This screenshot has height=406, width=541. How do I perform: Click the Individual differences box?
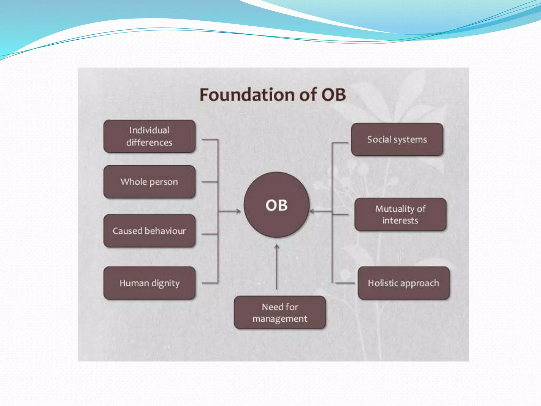click(x=150, y=136)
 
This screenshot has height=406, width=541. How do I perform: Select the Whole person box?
click(x=150, y=182)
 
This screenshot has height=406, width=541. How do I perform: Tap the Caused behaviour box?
click(x=150, y=231)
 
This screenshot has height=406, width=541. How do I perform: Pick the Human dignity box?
click(x=150, y=283)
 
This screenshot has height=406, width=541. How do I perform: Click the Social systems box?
click(x=397, y=139)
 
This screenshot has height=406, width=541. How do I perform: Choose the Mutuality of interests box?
click(x=400, y=214)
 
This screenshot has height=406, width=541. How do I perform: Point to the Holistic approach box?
click(x=403, y=283)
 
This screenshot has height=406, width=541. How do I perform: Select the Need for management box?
click(x=280, y=312)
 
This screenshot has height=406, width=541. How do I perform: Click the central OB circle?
click(x=276, y=205)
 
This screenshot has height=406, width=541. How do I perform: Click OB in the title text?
click(x=333, y=95)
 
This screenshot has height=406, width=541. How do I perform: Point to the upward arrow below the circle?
click(x=277, y=267)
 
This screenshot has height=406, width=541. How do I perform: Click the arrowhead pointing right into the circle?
click(x=239, y=211)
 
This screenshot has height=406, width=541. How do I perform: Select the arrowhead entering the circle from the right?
click(x=312, y=211)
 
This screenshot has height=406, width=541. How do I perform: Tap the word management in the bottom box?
click(x=280, y=319)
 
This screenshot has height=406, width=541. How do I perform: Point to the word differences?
click(x=149, y=143)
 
